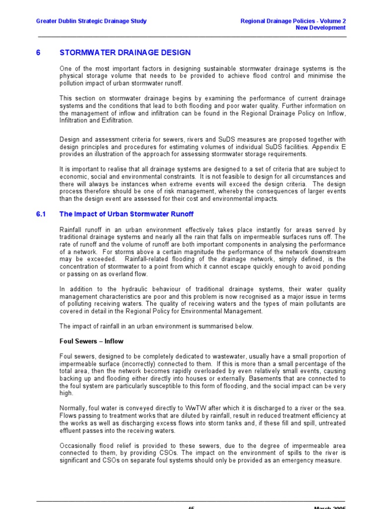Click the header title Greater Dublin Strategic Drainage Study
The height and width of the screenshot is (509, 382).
click(92, 21)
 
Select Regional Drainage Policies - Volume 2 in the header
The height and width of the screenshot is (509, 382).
click(292, 21)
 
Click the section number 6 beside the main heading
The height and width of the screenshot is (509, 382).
click(38, 53)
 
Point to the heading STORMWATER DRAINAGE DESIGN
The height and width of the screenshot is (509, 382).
click(125, 53)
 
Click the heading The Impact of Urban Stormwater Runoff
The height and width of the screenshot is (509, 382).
click(126, 214)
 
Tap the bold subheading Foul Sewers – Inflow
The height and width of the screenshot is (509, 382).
click(92, 341)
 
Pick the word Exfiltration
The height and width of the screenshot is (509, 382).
click(118, 120)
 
